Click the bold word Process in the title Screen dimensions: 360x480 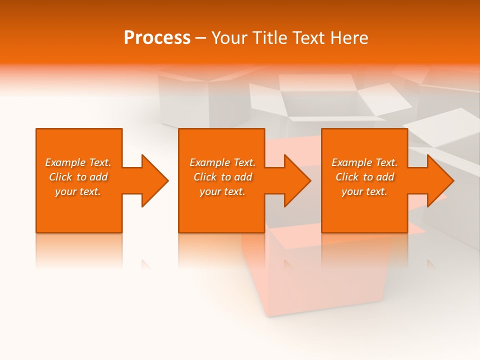[157, 38]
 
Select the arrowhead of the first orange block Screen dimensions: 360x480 [152, 180]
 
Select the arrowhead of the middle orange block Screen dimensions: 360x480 [295, 180]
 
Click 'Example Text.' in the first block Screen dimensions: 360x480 [78, 162]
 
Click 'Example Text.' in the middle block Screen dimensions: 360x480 [222, 162]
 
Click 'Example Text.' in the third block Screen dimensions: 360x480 [364, 162]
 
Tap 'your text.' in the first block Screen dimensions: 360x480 [78, 191]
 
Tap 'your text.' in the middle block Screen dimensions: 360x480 [222, 191]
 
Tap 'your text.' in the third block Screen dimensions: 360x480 [364, 191]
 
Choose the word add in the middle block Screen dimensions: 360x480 [243, 177]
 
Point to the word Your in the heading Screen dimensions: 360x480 [229, 38]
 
